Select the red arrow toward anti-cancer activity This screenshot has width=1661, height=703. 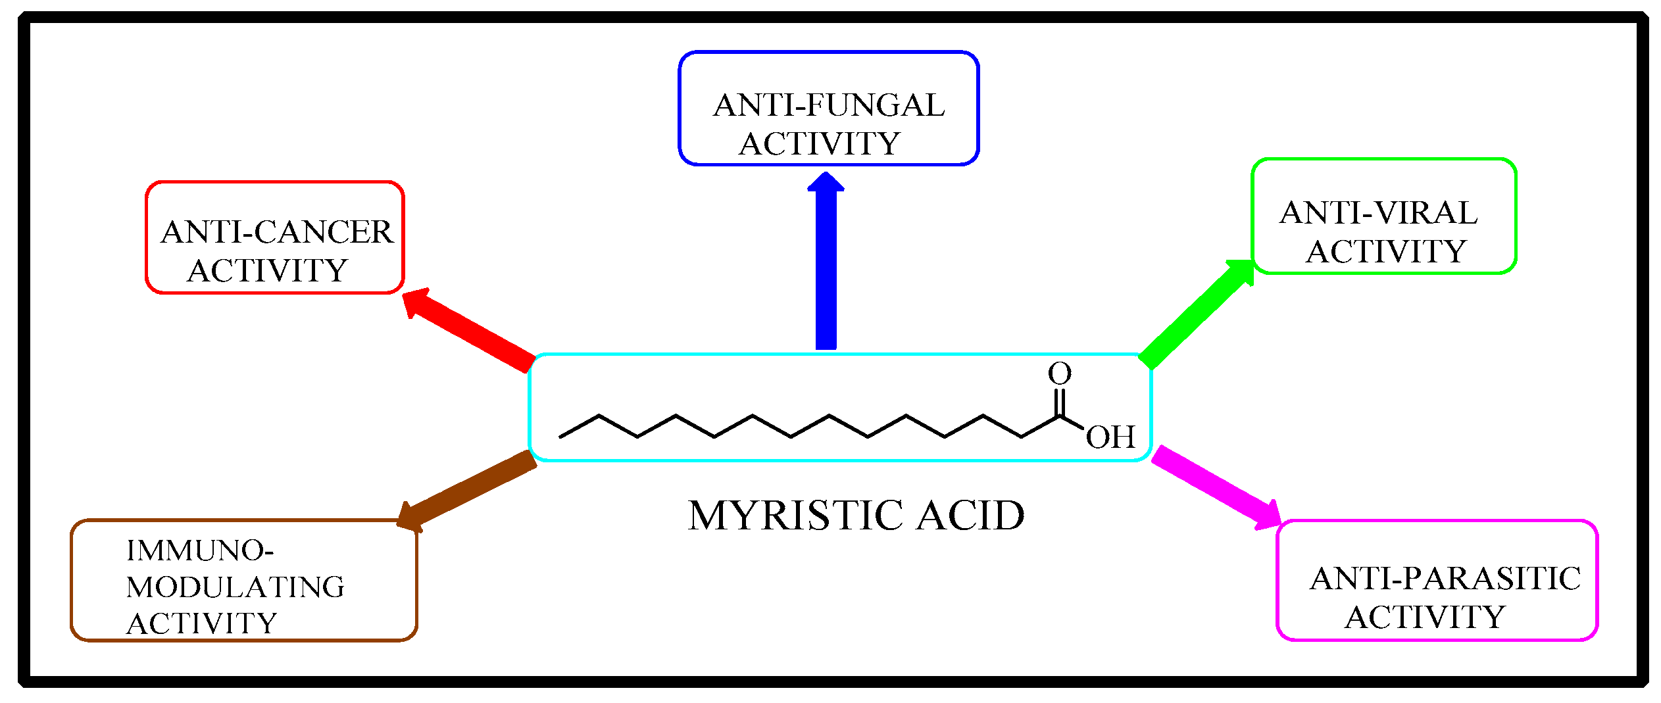(x=470, y=329)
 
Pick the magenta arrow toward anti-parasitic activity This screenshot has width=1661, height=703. (x=1217, y=488)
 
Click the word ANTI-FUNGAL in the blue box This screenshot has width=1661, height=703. (x=829, y=105)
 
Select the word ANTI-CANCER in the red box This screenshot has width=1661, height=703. (x=276, y=232)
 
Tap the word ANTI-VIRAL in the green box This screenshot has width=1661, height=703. (x=1379, y=213)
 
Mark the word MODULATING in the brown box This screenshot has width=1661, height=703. (x=235, y=587)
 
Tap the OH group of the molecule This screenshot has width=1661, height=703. (x=1110, y=437)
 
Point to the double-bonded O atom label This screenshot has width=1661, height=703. (x=1060, y=374)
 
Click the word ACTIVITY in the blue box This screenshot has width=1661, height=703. (x=819, y=144)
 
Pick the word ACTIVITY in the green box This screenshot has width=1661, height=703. (x=1386, y=251)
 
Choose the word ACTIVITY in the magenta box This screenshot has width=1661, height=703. (x=1425, y=617)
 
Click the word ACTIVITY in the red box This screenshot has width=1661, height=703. (x=267, y=270)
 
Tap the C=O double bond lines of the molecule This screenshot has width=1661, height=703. (x=1060, y=402)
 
